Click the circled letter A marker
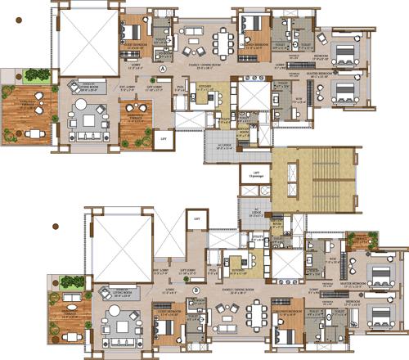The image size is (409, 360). tap(164, 70)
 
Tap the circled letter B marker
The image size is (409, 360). tap(196, 290)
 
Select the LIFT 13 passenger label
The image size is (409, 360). tap(257, 174)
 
